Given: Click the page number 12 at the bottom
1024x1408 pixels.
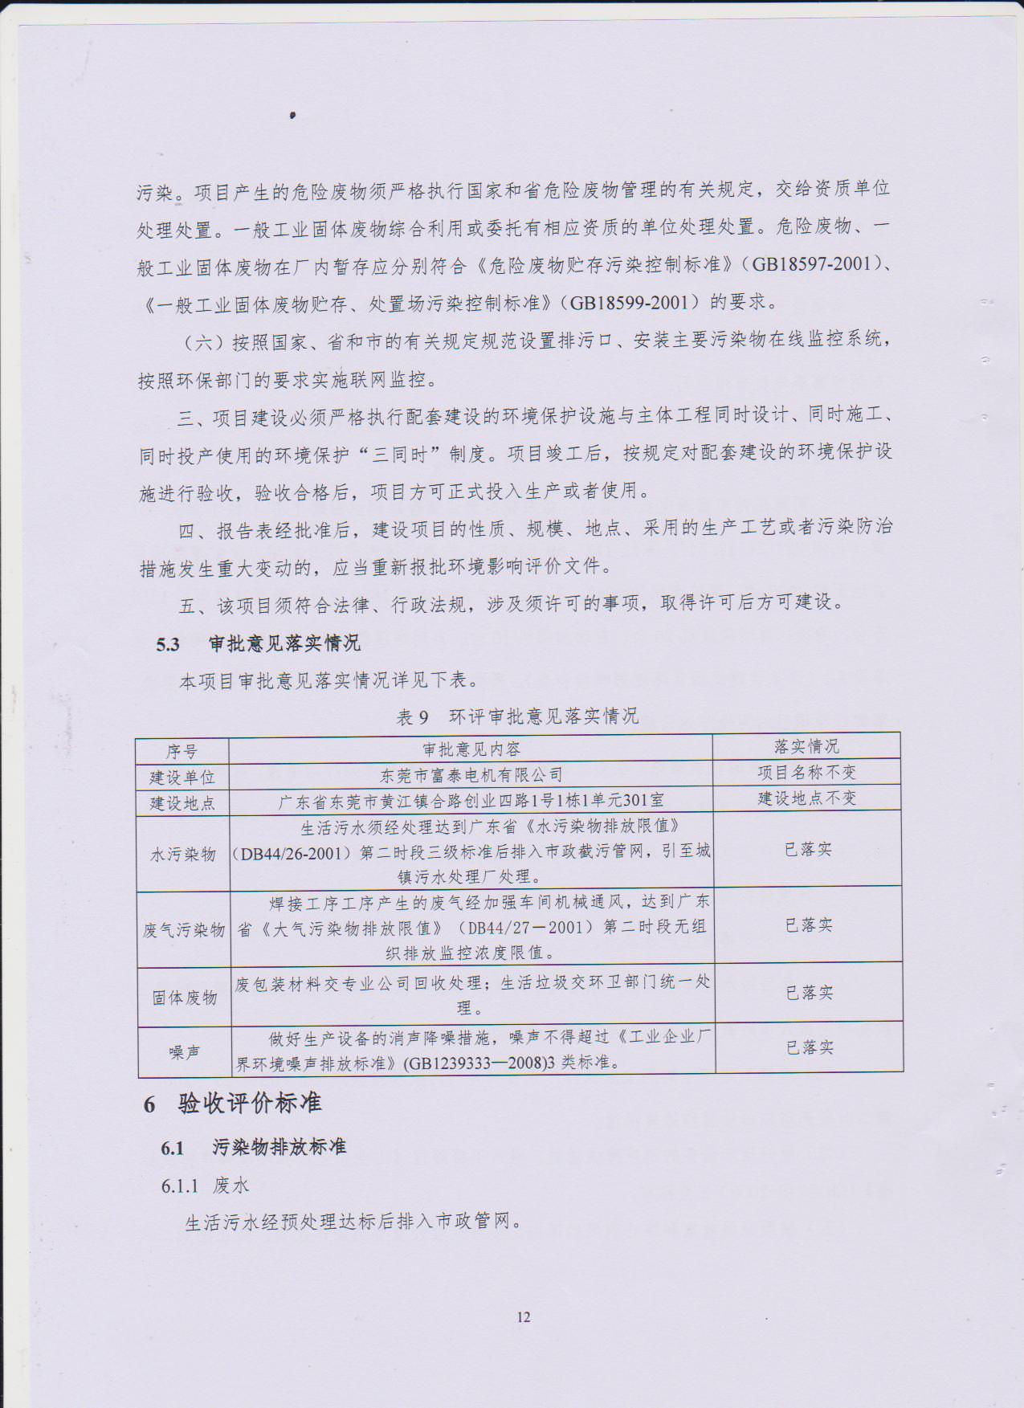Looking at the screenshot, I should pos(524,1316).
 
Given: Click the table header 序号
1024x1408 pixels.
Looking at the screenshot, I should pos(182,751).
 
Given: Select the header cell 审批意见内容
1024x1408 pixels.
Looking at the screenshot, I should pos(471,749).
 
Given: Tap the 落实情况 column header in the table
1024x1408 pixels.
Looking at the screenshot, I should pos(806,747).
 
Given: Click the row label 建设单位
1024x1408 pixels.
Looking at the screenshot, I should pos(182,777).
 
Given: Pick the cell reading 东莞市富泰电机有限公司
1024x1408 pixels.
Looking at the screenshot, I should pos(471,775).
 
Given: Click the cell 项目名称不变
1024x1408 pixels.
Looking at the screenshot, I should pos(806,773).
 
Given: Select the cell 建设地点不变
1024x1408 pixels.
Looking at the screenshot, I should pos(807,798).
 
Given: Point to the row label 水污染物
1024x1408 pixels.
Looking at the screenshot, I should pos(183,854).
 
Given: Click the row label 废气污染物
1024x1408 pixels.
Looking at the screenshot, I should pos(184,930).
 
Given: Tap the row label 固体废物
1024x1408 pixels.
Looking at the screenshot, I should pos(185,998).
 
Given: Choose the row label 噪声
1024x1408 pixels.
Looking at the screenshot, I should pos(185,1051).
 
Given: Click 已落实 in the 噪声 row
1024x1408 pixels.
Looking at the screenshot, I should pos(810,1047).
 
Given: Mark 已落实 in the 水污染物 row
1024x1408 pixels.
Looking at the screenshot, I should pos(808,850).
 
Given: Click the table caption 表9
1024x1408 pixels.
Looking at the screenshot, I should pos(412,716).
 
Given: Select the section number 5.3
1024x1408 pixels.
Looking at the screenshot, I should pos(168,644).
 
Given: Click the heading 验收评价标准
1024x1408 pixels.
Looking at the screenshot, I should pos(250,1104).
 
